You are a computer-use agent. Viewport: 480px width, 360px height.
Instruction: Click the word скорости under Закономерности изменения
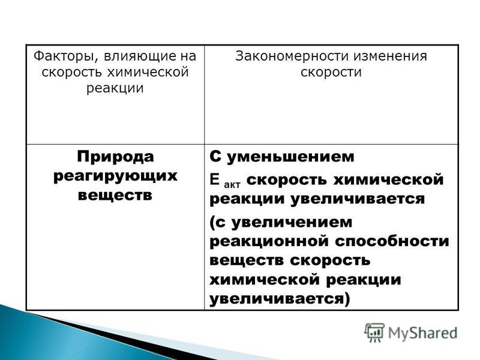(x=331, y=73)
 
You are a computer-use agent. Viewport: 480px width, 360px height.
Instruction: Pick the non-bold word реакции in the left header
(x=115, y=89)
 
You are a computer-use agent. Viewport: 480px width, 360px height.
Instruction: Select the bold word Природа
(x=115, y=157)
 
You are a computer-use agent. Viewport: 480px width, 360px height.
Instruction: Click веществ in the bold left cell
(x=115, y=196)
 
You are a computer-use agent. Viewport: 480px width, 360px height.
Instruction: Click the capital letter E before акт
(x=215, y=179)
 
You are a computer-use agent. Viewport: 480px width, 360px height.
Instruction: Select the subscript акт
(x=232, y=185)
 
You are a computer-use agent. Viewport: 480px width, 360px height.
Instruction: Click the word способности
(x=392, y=241)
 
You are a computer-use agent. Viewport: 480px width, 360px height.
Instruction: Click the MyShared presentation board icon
(x=374, y=332)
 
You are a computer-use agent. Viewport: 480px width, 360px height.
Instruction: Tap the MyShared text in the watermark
(x=423, y=333)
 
